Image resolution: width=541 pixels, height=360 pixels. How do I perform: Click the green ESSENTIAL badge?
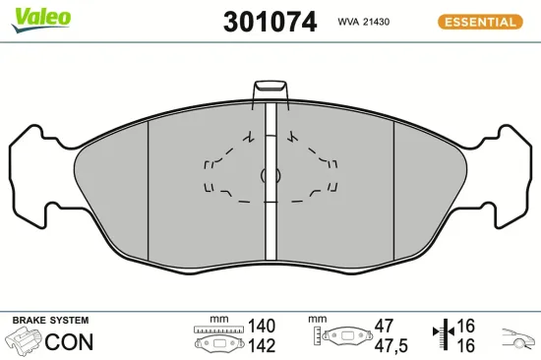[x=479, y=22]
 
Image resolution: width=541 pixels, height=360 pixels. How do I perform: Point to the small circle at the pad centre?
[x=266, y=175]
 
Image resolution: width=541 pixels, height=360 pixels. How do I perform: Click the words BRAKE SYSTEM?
[x=50, y=321]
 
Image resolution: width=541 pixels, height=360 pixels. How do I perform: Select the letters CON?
[x=71, y=342]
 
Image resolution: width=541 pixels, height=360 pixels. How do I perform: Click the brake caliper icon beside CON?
[x=24, y=341]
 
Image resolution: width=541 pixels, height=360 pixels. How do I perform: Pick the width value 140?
[x=261, y=326]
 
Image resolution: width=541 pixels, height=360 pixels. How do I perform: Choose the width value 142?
[x=261, y=345]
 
